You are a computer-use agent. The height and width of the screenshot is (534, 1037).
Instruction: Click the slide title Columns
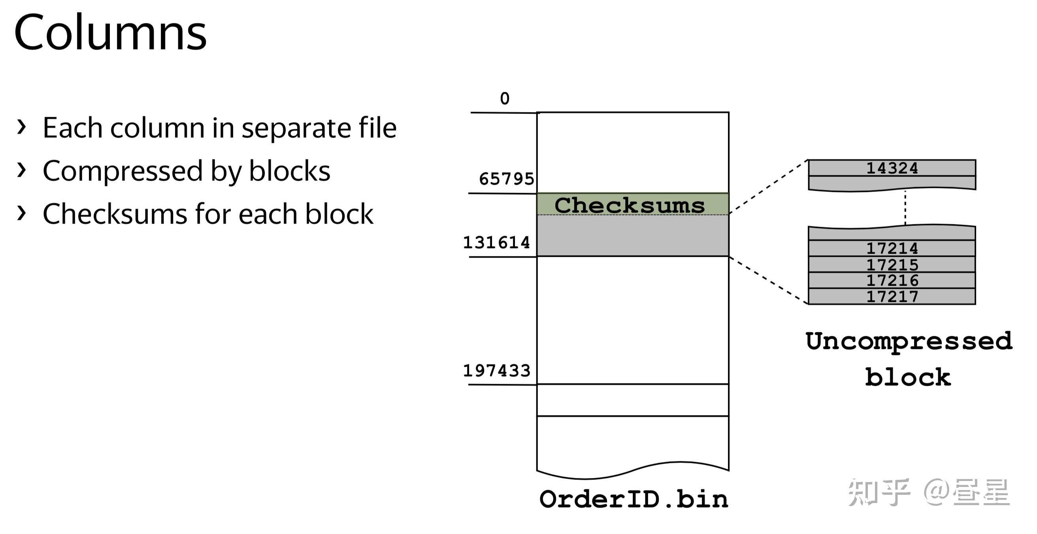coord(110,32)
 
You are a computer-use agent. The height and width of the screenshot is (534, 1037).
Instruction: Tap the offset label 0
coord(504,99)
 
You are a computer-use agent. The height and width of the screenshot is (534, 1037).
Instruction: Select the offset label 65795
coord(506,179)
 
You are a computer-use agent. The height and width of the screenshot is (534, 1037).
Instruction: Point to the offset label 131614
coord(496,242)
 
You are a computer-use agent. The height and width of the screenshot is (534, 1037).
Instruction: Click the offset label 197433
coord(496,371)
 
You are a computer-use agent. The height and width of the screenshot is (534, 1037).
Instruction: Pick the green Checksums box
coord(632,205)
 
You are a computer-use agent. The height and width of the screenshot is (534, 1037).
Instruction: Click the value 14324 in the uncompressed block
coord(892,168)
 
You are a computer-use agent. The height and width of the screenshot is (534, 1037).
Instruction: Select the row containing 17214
coord(892,248)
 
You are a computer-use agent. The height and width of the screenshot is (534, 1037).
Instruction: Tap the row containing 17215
coord(892,265)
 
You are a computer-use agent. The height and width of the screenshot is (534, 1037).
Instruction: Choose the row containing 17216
coord(892,280)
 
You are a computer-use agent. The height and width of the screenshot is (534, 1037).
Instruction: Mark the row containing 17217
coord(892,297)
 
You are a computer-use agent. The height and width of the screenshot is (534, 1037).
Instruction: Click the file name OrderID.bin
coord(634,500)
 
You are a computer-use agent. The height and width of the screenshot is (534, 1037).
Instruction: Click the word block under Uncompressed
coord(908,378)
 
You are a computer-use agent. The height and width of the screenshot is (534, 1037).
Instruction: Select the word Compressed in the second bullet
coord(122,171)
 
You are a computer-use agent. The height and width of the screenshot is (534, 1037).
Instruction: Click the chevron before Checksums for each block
coord(21,213)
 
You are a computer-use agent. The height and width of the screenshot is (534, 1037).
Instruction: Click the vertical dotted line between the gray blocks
coord(905,208)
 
